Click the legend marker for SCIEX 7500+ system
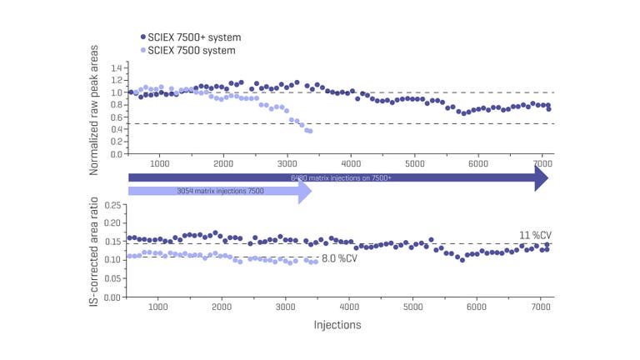[143, 37]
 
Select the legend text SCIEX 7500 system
[191, 50]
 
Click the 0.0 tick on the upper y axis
[116, 154]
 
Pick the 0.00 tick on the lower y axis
[113, 297]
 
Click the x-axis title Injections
[337, 325]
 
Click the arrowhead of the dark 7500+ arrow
[542, 177]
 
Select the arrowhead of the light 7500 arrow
[305, 192]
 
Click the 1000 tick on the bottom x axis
[160, 306]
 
